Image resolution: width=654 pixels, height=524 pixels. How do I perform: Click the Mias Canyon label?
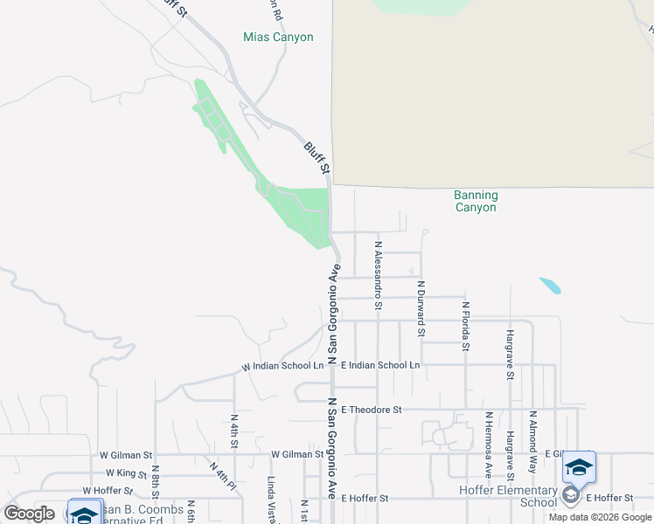pos(277,38)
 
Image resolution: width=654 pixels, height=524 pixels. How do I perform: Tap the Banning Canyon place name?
pos(476,201)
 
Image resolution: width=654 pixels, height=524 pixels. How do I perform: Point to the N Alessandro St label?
pos(378,276)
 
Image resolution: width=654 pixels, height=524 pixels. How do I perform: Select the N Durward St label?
pos(421,308)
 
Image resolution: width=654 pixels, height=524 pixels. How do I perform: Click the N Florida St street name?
pos(466,327)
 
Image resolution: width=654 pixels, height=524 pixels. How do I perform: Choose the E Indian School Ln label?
pos(380,364)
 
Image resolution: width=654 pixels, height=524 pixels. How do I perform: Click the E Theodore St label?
pos(372,409)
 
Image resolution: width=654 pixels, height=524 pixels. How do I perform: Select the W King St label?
pos(123,474)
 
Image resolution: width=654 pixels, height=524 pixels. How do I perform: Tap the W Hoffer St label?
pos(108,491)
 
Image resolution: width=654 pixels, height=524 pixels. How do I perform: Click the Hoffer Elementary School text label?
pos(508,496)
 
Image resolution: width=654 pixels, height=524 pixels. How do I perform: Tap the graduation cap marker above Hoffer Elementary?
pos(579,469)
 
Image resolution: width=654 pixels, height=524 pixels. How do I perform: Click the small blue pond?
pos(550,286)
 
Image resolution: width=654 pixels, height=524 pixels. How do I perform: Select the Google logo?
pos(30,513)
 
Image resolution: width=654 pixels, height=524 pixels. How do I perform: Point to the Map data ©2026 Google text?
pos(601,517)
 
